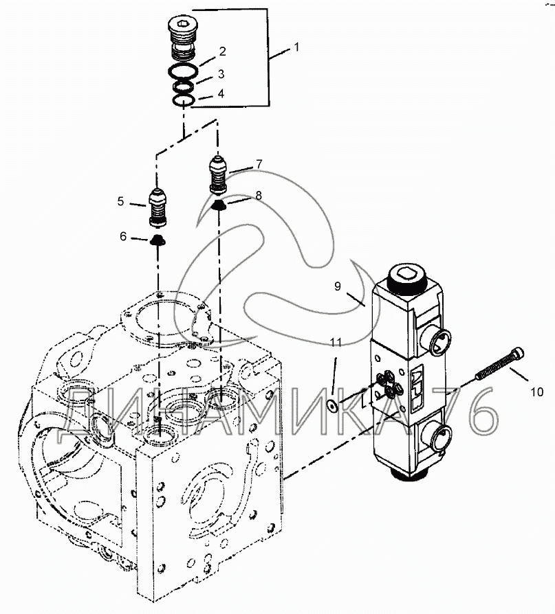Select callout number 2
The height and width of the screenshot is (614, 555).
click(x=223, y=52)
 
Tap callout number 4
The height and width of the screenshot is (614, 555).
click(x=221, y=93)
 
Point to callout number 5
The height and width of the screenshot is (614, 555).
click(x=120, y=202)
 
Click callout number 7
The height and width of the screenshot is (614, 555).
click(x=259, y=163)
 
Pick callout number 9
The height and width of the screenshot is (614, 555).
click(x=337, y=288)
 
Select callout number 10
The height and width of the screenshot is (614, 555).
click(x=536, y=393)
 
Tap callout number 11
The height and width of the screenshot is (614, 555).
click(x=335, y=342)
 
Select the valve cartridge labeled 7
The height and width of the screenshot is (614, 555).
click(x=219, y=175)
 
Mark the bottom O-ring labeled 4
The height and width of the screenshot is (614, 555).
click(x=182, y=101)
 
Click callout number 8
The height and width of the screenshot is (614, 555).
click(x=258, y=196)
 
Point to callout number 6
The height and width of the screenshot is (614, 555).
click(x=124, y=237)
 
